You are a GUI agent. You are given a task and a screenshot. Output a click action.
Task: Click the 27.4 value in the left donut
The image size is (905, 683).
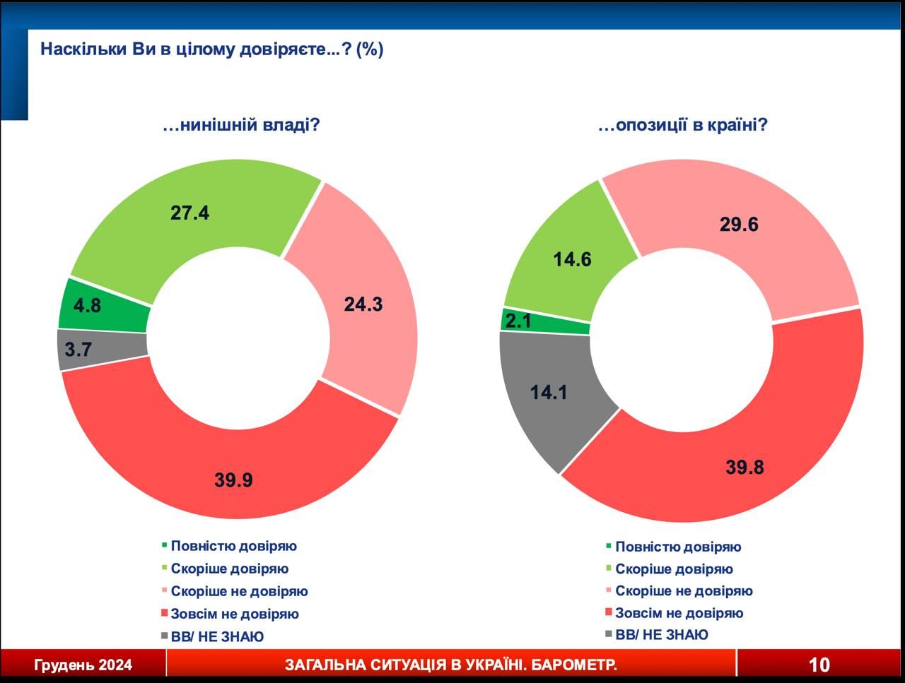tap(189, 213)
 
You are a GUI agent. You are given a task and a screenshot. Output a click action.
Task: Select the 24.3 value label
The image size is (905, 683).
tap(363, 304)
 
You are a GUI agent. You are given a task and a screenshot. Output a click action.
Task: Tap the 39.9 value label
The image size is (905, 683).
tap(233, 480)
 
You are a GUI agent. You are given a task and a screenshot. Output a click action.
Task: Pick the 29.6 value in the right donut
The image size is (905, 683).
tap(739, 225)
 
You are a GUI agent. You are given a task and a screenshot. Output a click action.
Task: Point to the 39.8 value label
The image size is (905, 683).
tap(745, 467)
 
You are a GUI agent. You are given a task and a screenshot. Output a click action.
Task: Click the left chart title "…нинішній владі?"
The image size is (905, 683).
tap(241, 126)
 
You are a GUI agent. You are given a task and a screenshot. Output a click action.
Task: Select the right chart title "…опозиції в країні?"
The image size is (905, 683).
tap(683, 126)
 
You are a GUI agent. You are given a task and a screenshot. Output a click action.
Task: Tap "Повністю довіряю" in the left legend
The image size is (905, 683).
tap(233, 546)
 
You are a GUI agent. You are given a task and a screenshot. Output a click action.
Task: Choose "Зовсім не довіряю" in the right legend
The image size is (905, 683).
tap(679, 613)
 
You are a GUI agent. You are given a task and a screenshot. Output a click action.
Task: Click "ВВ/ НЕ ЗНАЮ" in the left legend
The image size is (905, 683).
tap(217, 636)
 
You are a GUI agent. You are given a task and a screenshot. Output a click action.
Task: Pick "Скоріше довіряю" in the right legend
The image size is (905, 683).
tap(674, 569)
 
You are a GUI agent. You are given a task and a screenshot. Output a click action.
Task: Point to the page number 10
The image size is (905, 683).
tap(819, 665)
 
